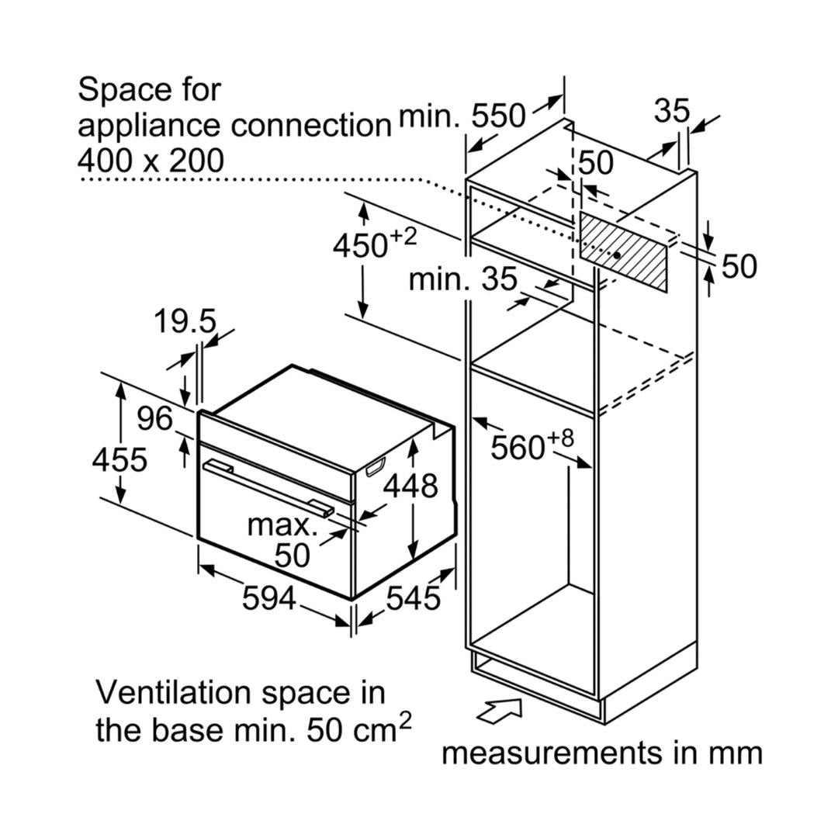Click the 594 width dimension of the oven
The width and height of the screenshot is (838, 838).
tap(268, 598)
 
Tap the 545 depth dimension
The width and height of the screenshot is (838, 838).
tap(413, 598)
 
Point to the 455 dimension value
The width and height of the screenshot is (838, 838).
tap(119, 459)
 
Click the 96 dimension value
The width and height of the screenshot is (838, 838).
tap(154, 419)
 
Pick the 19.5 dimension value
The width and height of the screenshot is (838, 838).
tap(184, 321)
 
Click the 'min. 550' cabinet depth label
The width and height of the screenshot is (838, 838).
tap(462, 116)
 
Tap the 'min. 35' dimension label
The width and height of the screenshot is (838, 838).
tap(462, 279)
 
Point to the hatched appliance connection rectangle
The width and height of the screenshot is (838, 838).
tap(623, 253)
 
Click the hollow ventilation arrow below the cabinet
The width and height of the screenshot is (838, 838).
tap(499, 710)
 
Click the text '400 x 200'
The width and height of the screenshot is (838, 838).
tap(151, 160)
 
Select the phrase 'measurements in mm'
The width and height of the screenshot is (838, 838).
tap(602, 752)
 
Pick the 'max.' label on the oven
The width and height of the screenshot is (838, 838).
tap(282, 525)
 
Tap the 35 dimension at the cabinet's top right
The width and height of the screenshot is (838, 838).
tap(671, 111)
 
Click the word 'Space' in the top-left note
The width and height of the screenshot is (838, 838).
tap(116, 90)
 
